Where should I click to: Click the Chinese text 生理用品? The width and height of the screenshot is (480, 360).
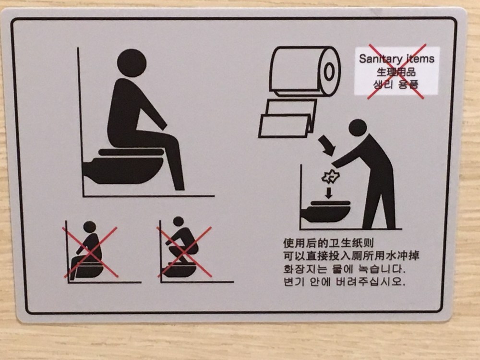(x=396, y=72)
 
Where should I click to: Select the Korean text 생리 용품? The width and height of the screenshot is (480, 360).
(x=396, y=84)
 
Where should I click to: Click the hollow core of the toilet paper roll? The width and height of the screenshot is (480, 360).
(x=329, y=72)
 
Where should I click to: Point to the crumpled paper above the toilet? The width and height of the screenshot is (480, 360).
(x=330, y=177)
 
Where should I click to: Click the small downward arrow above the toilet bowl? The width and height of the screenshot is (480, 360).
(x=328, y=193)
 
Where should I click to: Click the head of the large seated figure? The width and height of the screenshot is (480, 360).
(x=132, y=63)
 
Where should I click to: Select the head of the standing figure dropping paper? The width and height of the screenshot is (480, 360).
(x=358, y=128)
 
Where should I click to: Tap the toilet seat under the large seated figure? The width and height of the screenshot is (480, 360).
(x=131, y=152)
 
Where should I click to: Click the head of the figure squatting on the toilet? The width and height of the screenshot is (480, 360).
(x=178, y=221)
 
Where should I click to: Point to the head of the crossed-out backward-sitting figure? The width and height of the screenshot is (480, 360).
(x=89, y=227)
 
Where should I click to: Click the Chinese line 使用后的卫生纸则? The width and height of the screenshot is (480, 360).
(x=328, y=243)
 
